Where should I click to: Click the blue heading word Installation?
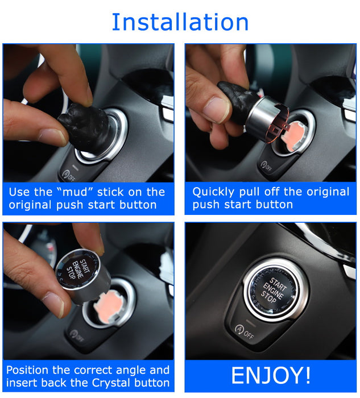click(180, 22)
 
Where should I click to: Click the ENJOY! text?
click(271, 376)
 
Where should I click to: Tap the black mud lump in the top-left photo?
click(85, 125)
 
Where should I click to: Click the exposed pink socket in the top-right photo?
click(296, 135)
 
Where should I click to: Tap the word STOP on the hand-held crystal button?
click(71, 271)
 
